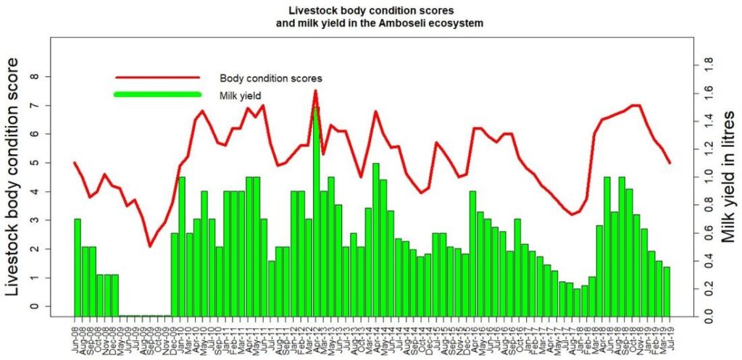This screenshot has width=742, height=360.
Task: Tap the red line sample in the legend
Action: point(157,77)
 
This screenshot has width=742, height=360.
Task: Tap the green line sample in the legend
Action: point(157,95)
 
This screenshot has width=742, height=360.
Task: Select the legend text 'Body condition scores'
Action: point(271,78)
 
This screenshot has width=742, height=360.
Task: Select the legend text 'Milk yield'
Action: point(240,95)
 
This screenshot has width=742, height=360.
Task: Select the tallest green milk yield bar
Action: point(316,210)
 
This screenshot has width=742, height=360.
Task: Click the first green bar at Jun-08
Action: point(78,267)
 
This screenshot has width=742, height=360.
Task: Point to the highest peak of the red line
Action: point(315,91)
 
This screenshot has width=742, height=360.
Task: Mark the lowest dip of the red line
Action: point(150,246)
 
